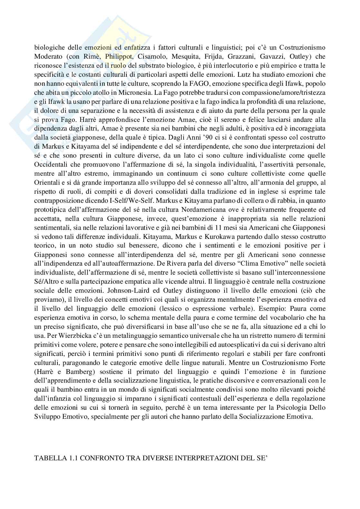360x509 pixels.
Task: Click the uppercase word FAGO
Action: click(x=197, y=83)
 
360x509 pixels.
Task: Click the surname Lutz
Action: click(x=245, y=74)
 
